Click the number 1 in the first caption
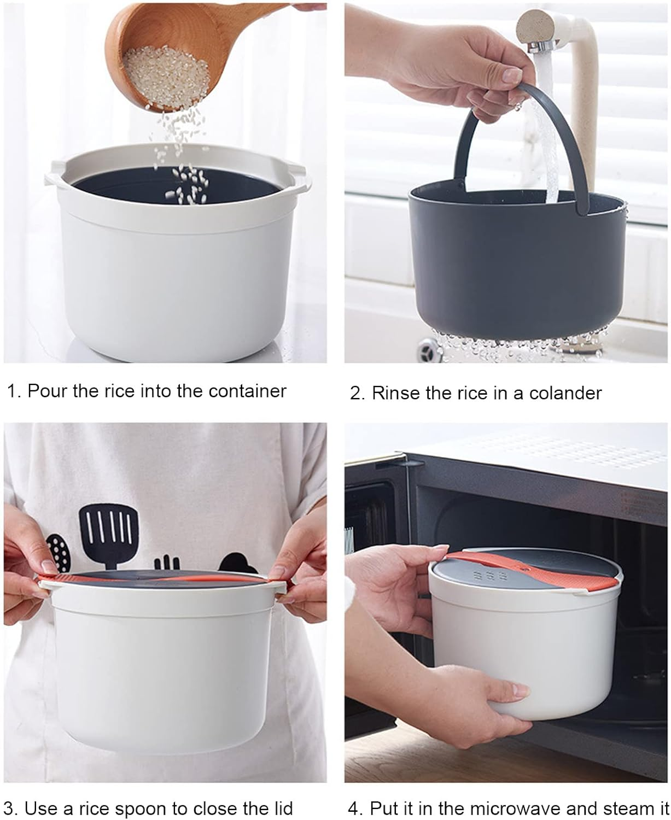[x=11, y=391]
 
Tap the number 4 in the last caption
[x=354, y=808]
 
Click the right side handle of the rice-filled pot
[x=300, y=178]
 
